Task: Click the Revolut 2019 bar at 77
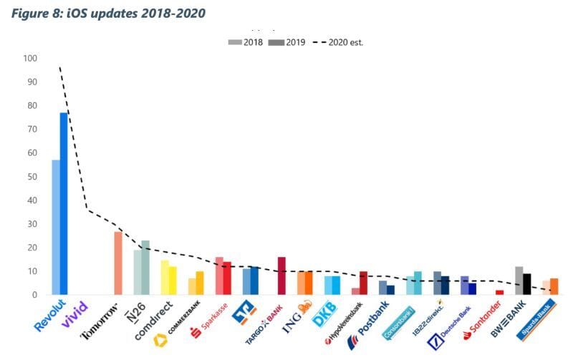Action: [x=64, y=204]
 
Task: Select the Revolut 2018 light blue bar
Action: [x=55, y=228]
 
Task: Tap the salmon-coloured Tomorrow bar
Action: [x=118, y=263]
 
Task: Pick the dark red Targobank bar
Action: [x=281, y=276]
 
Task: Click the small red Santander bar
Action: [x=499, y=292]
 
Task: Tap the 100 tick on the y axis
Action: [x=29, y=59]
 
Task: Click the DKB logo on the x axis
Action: [x=324, y=316]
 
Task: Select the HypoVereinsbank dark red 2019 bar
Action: [x=364, y=283]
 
